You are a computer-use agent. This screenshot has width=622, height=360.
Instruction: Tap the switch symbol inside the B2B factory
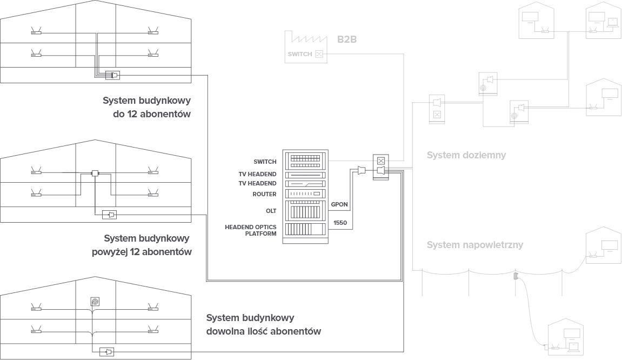pos(319,54)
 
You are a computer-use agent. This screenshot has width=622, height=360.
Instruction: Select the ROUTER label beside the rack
pos(264,194)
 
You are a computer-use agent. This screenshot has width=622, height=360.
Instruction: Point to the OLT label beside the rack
pos(271,209)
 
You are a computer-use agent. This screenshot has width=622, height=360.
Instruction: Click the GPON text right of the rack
pos(339,204)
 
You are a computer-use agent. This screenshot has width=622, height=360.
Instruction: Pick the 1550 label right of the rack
pos(339,222)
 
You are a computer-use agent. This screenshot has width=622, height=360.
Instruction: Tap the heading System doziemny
pos(466,155)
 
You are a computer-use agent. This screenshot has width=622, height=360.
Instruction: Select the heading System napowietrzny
pos(474,245)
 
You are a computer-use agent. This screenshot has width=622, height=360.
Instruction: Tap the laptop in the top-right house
pos(612,23)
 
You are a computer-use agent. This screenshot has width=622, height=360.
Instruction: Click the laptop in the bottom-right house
pos(572,344)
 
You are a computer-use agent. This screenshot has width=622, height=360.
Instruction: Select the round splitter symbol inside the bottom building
pos(94,301)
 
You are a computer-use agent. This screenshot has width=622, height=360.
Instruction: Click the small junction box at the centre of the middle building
pos(95,173)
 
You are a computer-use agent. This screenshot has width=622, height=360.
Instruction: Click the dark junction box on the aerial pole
pos(515,275)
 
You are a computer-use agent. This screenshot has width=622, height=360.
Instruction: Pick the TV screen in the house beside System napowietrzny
pos(610,245)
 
